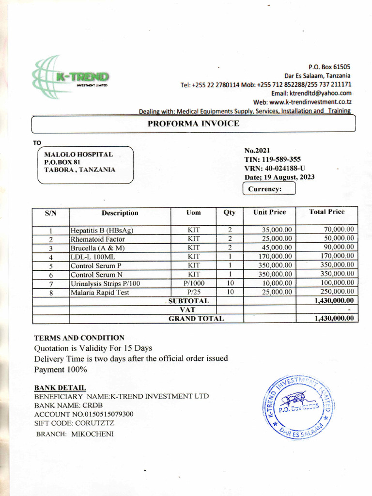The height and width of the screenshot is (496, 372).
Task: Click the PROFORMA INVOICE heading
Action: (193, 124)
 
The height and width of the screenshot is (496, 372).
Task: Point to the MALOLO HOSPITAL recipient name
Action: (78, 154)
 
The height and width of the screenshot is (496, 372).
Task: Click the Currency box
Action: (268, 189)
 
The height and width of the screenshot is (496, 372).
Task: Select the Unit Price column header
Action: (269, 212)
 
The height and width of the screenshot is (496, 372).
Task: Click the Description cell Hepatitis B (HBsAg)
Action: (102, 230)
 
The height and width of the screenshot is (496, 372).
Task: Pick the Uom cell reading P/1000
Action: (194, 283)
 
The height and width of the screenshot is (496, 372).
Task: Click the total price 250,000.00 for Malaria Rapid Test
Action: (339, 292)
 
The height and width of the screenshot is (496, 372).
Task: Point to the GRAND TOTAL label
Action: (196, 318)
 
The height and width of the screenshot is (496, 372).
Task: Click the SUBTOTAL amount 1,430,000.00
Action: (334, 301)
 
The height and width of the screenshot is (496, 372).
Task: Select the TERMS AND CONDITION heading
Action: (79, 338)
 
